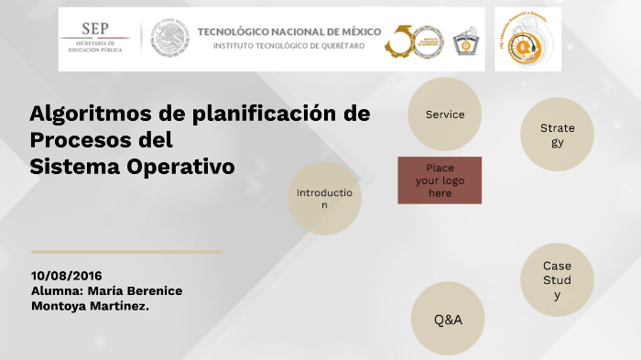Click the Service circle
(x=444, y=115)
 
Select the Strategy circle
(x=558, y=135)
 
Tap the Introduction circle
(x=324, y=199)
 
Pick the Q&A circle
(x=448, y=319)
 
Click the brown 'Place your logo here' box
(x=440, y=180)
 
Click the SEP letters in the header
(x=94, y=29)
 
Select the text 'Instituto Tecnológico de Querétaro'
(x=288, y=45)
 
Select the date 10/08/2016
(x=66, y=275)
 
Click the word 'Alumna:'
(x=57, y=290)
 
